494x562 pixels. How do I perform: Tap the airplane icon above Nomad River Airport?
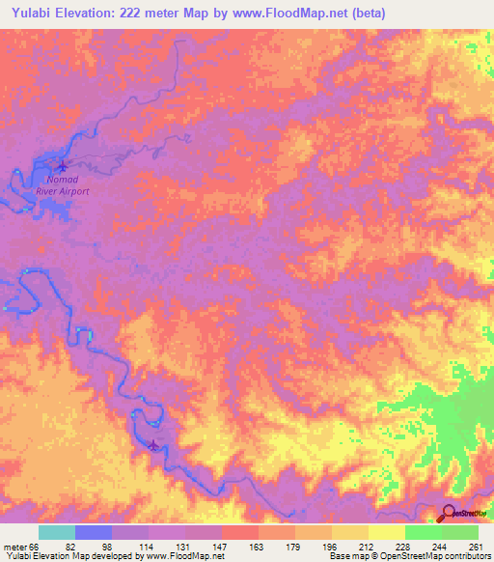(63, 164)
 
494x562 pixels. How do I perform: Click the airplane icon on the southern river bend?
(154, 445)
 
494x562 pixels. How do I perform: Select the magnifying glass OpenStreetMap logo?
(450, 513)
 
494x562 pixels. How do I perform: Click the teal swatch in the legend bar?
(57, 532)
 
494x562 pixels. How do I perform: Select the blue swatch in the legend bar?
(94, 532)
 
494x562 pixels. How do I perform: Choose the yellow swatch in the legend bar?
(386, 532)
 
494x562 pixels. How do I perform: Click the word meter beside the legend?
(14, 546)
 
